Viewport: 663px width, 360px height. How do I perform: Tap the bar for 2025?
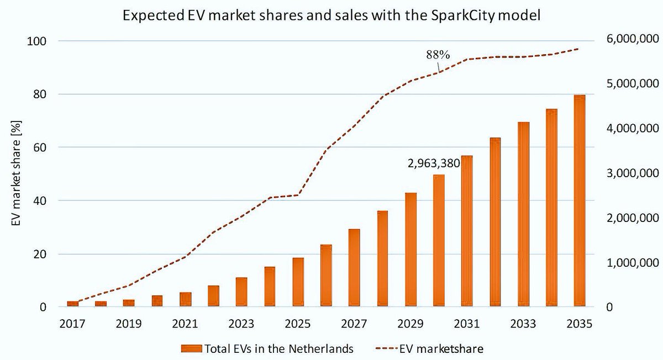[298, 282]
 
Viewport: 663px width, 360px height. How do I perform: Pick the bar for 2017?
[72, 304]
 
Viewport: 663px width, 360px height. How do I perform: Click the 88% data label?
[438, 55]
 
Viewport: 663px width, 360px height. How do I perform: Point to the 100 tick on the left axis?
[40, 41]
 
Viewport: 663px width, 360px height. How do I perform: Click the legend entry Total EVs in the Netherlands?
[271, 348]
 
